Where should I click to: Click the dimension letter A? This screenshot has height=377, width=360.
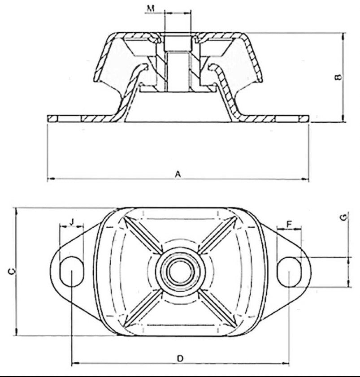[178, 173]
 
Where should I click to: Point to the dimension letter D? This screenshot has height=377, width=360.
[180, 358]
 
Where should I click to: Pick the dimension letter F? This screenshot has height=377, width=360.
[289, 223]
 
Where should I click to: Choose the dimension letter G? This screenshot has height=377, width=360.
[343, 217]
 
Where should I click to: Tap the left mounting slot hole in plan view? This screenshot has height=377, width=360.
[71, 271]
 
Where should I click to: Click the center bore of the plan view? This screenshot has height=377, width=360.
[180, 270]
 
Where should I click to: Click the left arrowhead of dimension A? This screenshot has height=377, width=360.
[50, 179]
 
